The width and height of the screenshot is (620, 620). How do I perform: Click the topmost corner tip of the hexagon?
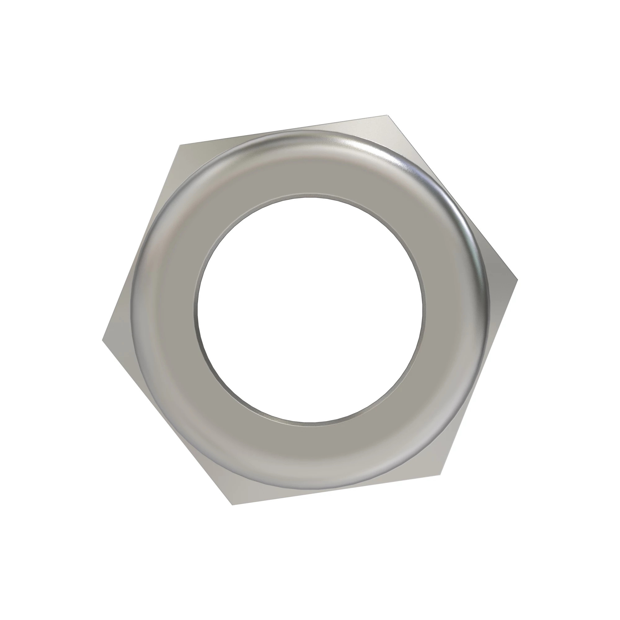(x=387, y=114)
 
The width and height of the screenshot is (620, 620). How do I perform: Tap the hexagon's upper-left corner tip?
(x=179, y=145)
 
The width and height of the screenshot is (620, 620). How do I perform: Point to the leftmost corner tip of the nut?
(x=102, y=341)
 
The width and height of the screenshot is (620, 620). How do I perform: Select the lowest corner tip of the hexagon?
(x=232, y=505)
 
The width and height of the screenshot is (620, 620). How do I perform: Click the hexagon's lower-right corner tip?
(x=441, y=474)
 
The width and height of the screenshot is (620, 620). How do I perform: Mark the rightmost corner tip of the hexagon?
(x=517, y=278)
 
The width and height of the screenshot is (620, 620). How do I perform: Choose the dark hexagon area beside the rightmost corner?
(x=501, y=282)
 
